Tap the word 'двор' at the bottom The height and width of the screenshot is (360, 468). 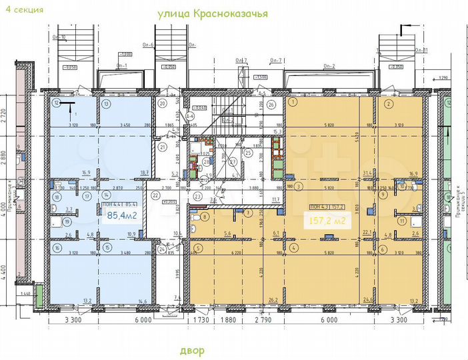tap(192, 351)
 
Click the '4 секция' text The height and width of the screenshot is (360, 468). tap(25, 10)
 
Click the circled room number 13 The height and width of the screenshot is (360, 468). tap(107, 103)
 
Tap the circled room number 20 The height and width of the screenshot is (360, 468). tap(162, 103)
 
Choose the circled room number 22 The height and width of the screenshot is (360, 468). tap(154, 195)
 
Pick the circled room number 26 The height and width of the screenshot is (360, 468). tap(271, 105)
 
